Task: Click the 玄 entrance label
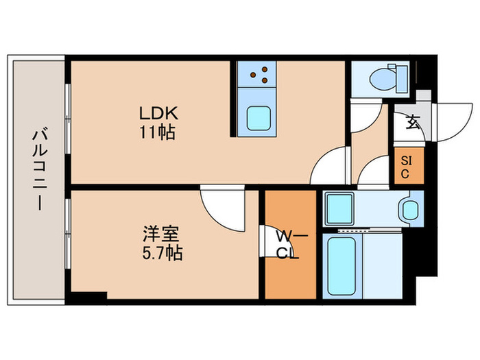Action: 412,123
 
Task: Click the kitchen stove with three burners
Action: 259,75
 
